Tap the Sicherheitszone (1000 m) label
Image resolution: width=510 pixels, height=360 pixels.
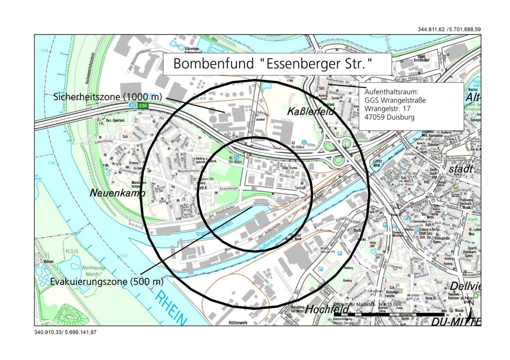coord(107,96)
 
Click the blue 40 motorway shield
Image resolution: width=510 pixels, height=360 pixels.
coord(133,105)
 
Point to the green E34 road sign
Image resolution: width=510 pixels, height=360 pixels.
coord(143,105)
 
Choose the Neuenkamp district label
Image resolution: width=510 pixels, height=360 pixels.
coord(117,193)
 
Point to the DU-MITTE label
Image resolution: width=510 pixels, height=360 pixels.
coord(456,321)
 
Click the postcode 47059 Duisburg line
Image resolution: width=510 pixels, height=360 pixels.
coord(389,116)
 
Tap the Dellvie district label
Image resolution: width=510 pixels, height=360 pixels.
coord(465,286)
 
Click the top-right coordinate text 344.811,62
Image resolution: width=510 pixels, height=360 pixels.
coord(431,29)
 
